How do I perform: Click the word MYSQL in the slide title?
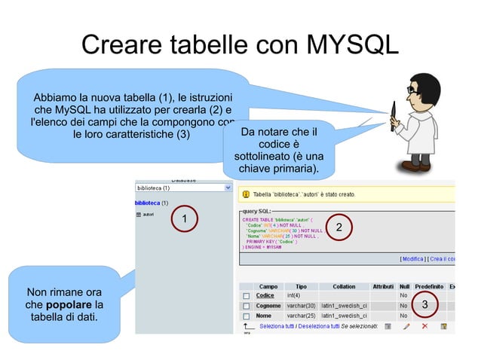click(346, 45)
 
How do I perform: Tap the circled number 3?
click(424, 305)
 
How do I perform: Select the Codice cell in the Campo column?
click(265, 296)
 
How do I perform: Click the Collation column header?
click(344, 286)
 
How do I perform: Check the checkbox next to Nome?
click(246, 316)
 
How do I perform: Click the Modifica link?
click(412, 259)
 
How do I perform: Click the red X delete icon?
click(424, 327)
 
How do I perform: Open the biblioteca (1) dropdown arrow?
click(228, 188)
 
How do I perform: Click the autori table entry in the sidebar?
click(148, 215)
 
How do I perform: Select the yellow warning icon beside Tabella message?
click(244, 194)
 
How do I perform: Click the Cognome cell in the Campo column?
click(268, 307)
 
